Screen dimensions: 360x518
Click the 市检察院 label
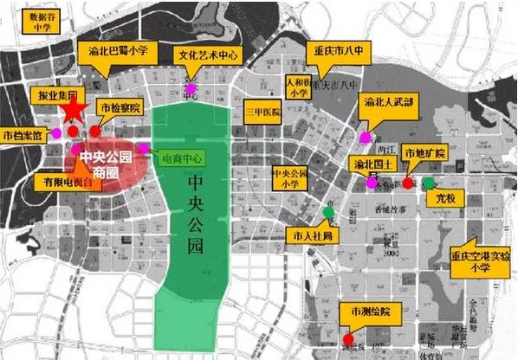pyautogui.click(x=119, y=108)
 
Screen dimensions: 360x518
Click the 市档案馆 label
pyautogui.click(x=23, y=135)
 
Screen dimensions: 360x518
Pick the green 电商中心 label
pyautogui.click(x=182, y=158)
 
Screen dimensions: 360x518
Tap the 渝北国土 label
pyautogui.click(x=373, y=163)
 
